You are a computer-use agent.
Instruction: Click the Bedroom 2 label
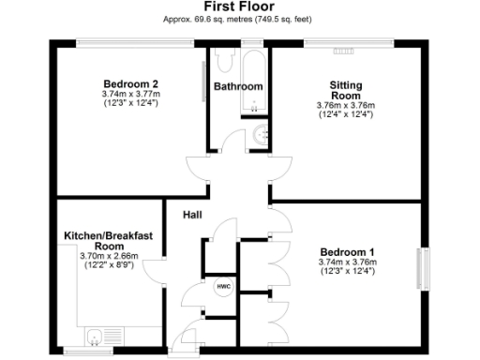coord(130,83)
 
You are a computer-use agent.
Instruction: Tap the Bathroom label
coord(238,87)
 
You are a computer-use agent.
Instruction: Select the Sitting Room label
coord(345,90)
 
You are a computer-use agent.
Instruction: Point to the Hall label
coord(193,216)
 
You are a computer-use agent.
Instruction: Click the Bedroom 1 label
coord(347,252)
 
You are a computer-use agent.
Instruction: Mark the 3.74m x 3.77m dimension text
coord(130,94)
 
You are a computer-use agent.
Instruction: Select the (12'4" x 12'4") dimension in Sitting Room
coord(345,114)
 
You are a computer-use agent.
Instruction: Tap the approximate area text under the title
coord(239,19)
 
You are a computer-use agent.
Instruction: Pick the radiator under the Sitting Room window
coord(344,48)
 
